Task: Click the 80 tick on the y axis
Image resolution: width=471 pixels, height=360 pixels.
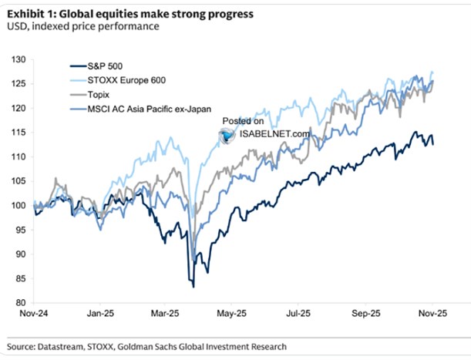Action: click(x=20, y=302)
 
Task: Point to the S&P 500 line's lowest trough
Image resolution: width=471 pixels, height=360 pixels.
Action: click(x=193, y=286)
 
